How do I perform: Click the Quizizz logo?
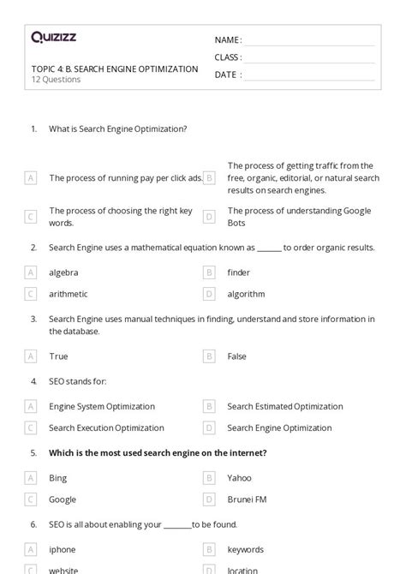tap(54, 38)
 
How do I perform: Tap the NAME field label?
tap(227, 40)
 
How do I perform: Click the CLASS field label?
tap(228, 57)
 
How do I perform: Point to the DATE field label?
tap(227, 75)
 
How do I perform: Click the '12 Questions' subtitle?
tap(56, 80)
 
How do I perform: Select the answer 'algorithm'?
tap(246, 294)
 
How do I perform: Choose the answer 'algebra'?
tap(63, 272)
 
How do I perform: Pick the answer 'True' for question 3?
tap(58, 356)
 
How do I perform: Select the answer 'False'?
tap(237, 356)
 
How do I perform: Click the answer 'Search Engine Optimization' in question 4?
tap(279, 428)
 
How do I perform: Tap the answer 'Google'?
tap(63, 499)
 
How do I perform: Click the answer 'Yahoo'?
tap(239, 478)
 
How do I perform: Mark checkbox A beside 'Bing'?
tap(31, 478)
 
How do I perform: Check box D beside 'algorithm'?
tap(208, 294)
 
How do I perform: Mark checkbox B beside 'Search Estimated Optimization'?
tap(208, 407)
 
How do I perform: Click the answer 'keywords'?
tap(245, 550)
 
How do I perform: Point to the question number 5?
tap(33, 452)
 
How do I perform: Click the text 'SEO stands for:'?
tap(78, 380)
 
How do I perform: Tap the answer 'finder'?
tap(238, 272)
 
